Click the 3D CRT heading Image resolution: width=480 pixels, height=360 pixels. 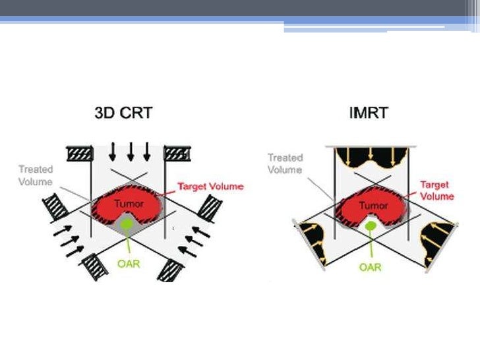click(x=123, y=113)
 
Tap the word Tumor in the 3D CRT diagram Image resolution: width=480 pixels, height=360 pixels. click(x=129, y=204)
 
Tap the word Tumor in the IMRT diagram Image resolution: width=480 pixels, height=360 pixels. click(x=373, y=206)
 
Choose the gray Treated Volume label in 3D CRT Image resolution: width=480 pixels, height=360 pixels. click(x=36, y=175)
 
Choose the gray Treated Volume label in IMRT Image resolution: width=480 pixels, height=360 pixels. click(x=285, y=164)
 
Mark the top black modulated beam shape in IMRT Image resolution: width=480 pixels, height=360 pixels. click(x=373, y=158)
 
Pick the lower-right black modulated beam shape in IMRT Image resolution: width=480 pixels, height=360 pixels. click(x=438, y=243)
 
